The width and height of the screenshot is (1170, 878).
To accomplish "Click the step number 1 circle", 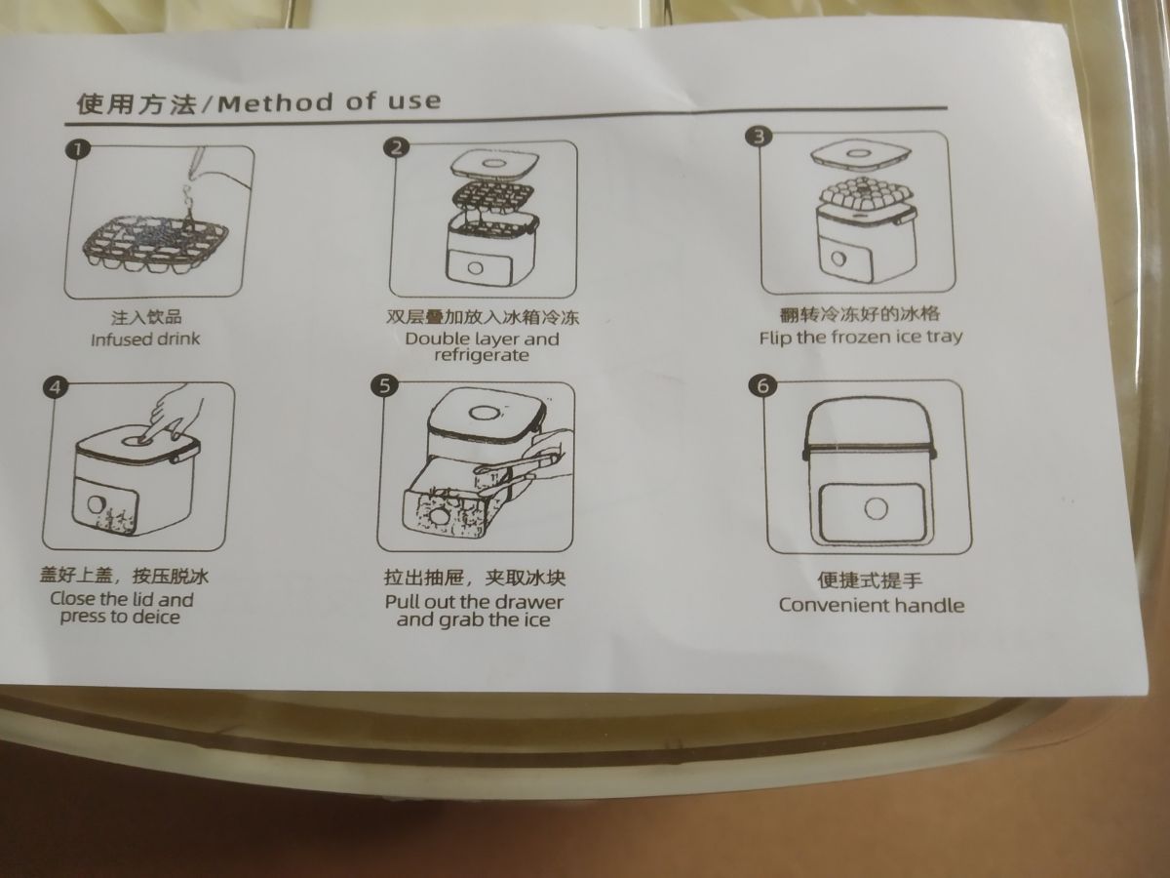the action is pyautogui.click(x=77, y=149).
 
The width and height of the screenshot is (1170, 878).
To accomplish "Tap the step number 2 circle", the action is pyautogui.click(x=396, y=146).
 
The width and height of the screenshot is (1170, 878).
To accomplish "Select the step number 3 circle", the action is pyautogui.click(x=759, y=137).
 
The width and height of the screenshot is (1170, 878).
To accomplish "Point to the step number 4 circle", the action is pyautogui.click(x=56, y=386).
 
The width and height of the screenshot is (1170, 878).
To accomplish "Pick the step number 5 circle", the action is pyautogui.click(x=384, y=385).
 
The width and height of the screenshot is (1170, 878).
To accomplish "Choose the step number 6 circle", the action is pyautogui.click(x=762, y=385).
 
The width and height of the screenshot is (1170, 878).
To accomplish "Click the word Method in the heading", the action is pyautogui.click(x=276, y=102).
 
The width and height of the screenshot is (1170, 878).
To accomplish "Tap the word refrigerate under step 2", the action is pyautogui.click(x=482, y=355).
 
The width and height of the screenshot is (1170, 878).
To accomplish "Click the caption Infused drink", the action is pyautogui.click(x=145, y=339).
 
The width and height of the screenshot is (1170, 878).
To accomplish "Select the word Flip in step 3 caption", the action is pyautogui.click(x=776, y=338).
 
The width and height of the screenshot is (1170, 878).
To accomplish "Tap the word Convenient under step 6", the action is pyautogui.click(x=834, y=605).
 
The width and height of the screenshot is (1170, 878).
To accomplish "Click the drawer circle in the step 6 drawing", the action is pyautogui.click(x=876, y=508).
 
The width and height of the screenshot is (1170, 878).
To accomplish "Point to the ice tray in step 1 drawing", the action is pyautogui.click(x=156, y=244).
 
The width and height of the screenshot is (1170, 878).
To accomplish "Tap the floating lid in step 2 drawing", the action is pyautogui.click(x=494, y=164).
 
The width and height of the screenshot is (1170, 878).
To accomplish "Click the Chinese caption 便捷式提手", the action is pyautogui.click(x=870, y=580).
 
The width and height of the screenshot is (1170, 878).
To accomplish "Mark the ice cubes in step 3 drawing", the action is pyautogui.click(x=867, y=194).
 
